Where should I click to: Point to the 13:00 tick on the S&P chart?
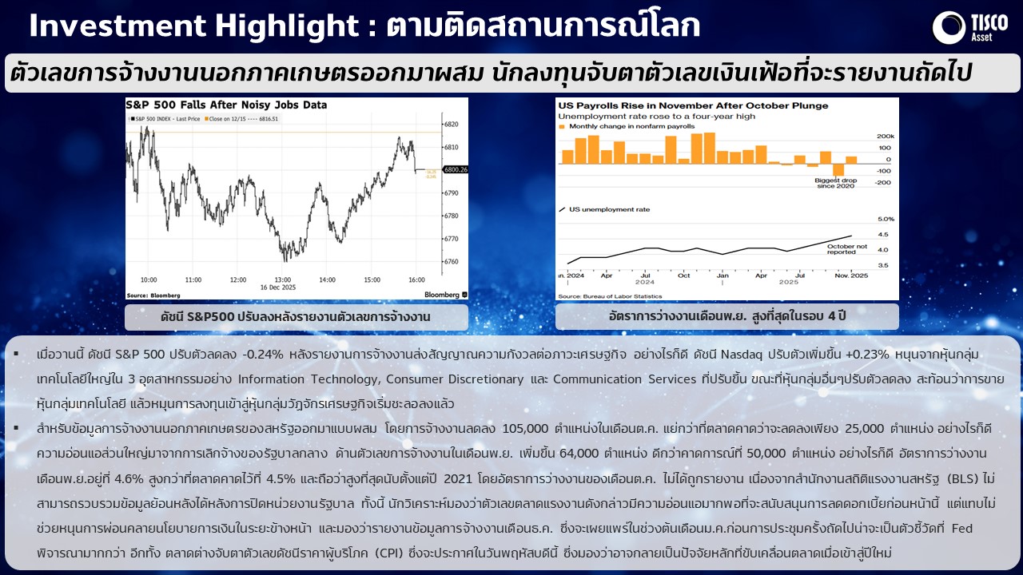click(237, 280)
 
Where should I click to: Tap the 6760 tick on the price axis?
click(450, 262)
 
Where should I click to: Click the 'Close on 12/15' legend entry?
click(241, 119)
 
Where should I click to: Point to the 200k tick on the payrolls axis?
click(885, 136)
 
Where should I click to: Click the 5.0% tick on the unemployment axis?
click(886, 219)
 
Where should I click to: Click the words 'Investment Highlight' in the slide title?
click(192, 26)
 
